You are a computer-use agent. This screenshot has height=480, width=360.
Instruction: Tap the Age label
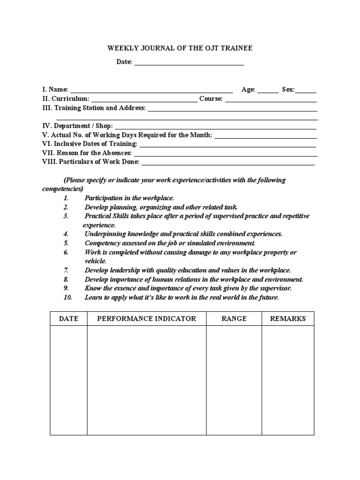pos(248,90)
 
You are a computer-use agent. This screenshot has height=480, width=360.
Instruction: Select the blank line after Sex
pos(306,91)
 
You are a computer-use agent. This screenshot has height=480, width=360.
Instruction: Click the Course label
pos(210,99)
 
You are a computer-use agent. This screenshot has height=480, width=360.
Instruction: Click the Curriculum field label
pos(70,99)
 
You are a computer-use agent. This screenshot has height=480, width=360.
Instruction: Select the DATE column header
pos(68,319)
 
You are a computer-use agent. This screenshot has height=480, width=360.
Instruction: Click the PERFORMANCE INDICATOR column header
pos(146,319)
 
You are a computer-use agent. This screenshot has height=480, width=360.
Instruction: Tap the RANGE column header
pos(234,319)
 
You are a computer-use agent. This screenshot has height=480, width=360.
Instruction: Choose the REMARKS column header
pos(288,319)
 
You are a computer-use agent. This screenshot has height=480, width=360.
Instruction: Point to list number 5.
pos(66,243)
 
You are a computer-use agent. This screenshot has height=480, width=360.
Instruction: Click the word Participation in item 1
pos(102,198)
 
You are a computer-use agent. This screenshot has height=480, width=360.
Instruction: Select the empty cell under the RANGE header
pos(234,380)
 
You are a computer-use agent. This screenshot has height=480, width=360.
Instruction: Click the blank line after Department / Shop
pos(216,127)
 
